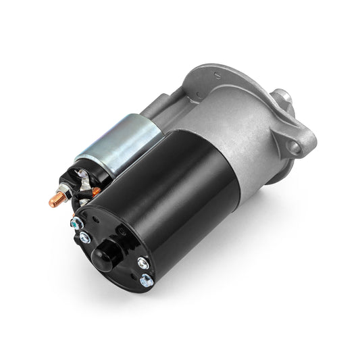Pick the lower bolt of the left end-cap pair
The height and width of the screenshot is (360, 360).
85,236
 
